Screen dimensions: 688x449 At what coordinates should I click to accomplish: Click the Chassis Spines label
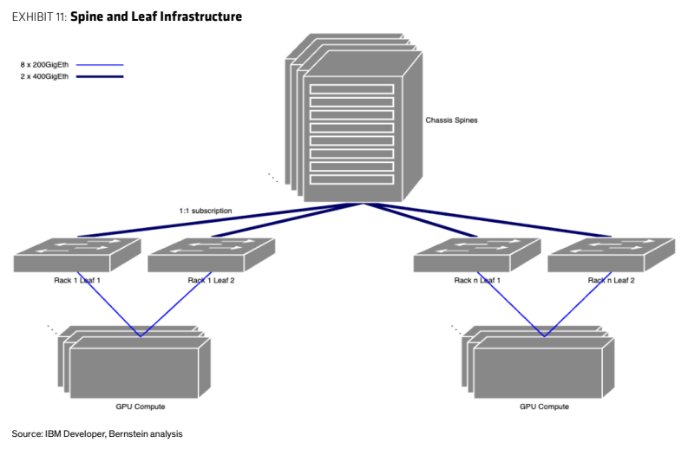coord(451,120)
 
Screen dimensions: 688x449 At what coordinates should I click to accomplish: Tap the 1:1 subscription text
coord(206,211)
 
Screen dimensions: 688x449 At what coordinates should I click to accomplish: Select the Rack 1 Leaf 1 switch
coord(77,255)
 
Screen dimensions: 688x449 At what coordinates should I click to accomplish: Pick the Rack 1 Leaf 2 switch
coord(212,255)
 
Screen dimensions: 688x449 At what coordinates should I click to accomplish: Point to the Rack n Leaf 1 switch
coord(477,255)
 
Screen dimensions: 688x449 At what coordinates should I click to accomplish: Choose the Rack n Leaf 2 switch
coord(612,255)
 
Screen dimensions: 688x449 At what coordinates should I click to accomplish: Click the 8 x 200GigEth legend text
coord(44,65)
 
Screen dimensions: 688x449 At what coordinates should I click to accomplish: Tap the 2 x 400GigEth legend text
coord(44,76)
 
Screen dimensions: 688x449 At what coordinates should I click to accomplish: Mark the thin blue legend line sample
coord(100,65)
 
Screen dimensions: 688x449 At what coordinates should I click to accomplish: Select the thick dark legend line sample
coord(100,77)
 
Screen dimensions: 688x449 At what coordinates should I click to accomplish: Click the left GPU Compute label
coord(141,407)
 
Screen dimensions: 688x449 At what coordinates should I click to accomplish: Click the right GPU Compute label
coord(545,407)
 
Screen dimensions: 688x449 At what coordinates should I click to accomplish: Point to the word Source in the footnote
coord(26,433)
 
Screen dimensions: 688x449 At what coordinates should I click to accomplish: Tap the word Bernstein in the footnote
coord(128,433)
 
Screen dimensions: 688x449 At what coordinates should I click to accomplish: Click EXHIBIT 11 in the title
coord(39,16)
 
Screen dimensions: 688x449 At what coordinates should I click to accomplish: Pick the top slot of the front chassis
coord(352,89)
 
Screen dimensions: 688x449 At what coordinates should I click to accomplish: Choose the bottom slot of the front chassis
coord(352,179)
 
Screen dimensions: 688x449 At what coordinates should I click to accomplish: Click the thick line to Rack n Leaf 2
coord(488,220)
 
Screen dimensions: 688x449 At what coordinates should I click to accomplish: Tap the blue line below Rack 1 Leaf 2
coord(176,304)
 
